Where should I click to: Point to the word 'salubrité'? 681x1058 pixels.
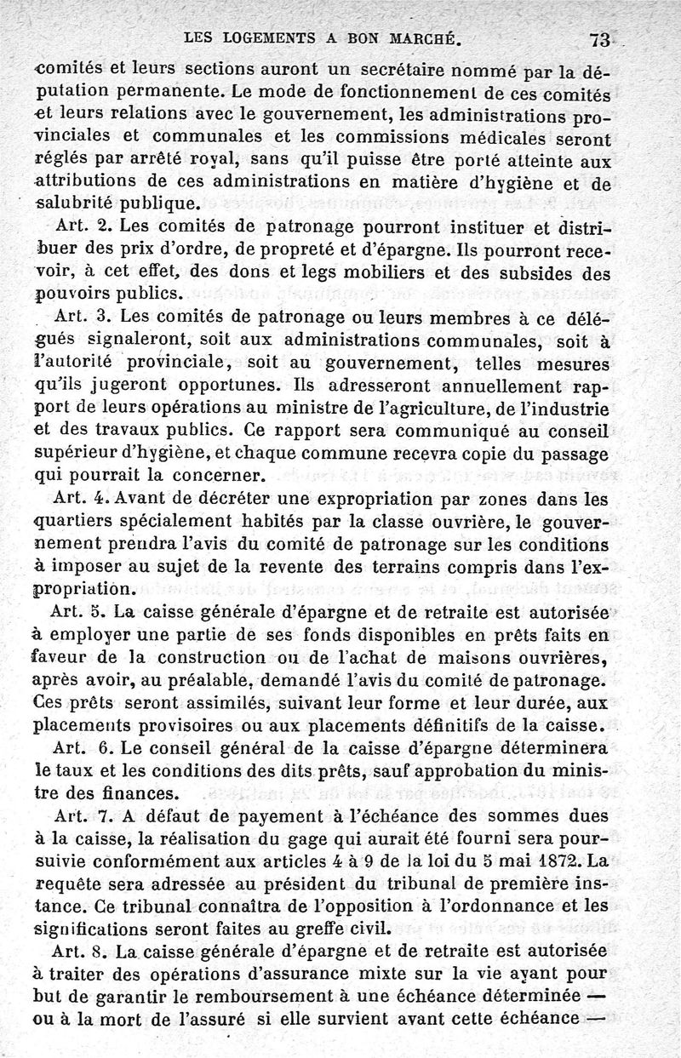(x=74, y=203)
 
